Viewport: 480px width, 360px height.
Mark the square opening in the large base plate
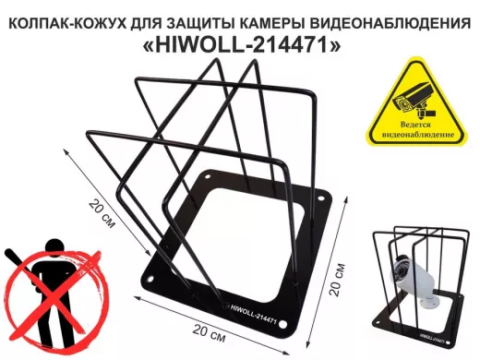[245, 235]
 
